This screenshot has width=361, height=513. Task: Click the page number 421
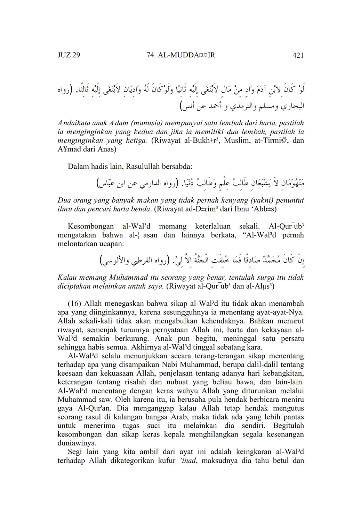coord(298,55)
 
